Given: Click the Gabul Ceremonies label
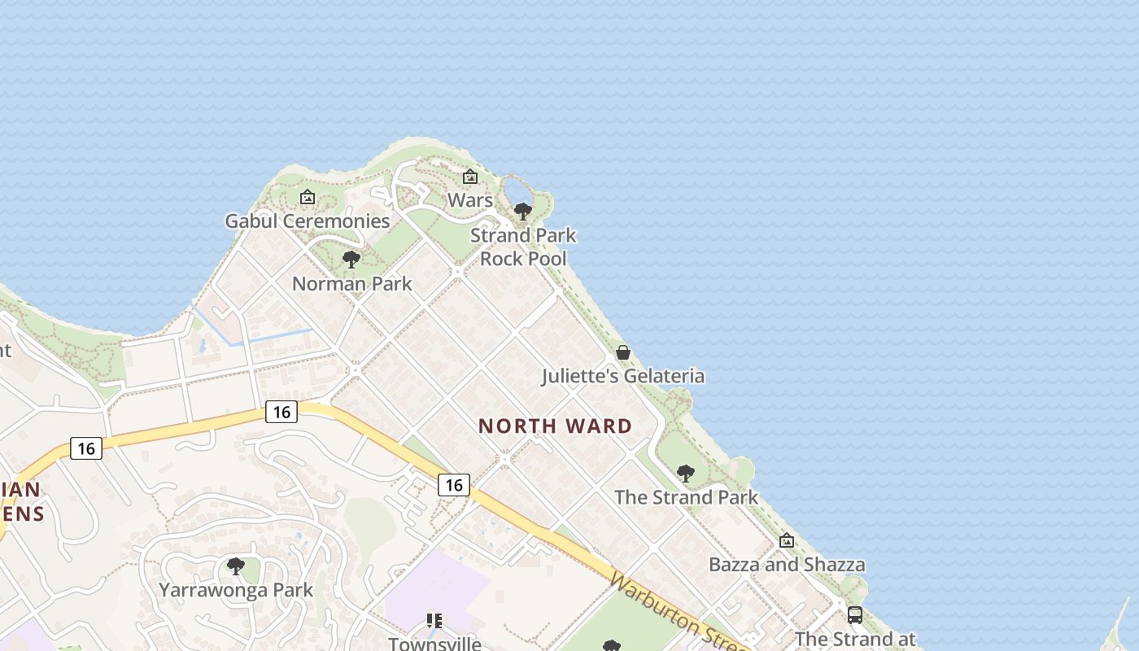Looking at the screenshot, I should click(x=308, y=221).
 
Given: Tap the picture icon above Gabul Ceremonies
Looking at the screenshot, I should click(x=307, y=197).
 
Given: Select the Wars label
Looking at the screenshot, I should click(x=470, y=200).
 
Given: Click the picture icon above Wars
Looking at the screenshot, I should click(x=470, y=177).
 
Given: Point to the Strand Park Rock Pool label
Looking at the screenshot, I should click(x=523, y=247).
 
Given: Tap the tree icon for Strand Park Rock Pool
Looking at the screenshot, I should click(x=523, y=212).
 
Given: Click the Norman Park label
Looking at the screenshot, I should click(x=351, y=284).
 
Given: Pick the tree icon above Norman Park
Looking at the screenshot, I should click(x=351, y=260).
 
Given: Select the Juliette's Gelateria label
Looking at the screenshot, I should click(x=623, y=376).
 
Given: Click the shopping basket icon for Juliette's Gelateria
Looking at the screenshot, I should click(x=623, y=352).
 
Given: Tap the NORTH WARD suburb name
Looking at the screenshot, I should click(x=555, y=426).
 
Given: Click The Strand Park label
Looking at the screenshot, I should click(x=686, y=497).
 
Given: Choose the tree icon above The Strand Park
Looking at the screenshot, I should click(x=686, y=473).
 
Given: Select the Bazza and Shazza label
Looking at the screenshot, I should click(x=787, y=565).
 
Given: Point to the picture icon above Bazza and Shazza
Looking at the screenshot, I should click(x=787, y=540).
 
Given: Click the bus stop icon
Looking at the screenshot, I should click(x=855, y=615).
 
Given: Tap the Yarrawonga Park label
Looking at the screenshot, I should click(x=236, y=590).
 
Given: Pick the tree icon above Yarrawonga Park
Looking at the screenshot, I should click(x=236, y=566).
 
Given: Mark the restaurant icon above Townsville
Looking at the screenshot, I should click(x=434, y=621).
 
